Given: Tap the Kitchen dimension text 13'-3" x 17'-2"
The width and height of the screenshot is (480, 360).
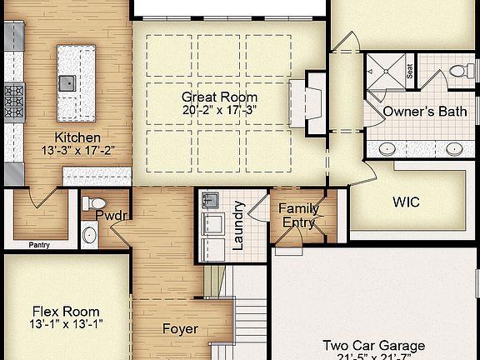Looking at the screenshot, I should [x=77, y=152].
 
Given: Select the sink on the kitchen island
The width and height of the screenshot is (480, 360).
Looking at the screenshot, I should [x=68, y=82].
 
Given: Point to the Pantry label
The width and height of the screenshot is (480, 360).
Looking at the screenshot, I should [x=39, y=245].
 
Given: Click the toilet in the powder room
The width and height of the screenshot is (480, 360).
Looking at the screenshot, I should [x=97, y=202].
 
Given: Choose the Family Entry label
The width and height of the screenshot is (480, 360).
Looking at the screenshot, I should [x=298, y=215].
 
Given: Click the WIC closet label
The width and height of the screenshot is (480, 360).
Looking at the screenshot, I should [x=406, y=202].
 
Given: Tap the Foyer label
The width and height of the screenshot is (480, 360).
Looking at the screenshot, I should [x=180, y=328].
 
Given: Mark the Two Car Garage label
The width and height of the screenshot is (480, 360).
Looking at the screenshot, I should [x=373, y=345].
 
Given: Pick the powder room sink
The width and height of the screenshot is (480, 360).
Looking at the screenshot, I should [x=91, y=234].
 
